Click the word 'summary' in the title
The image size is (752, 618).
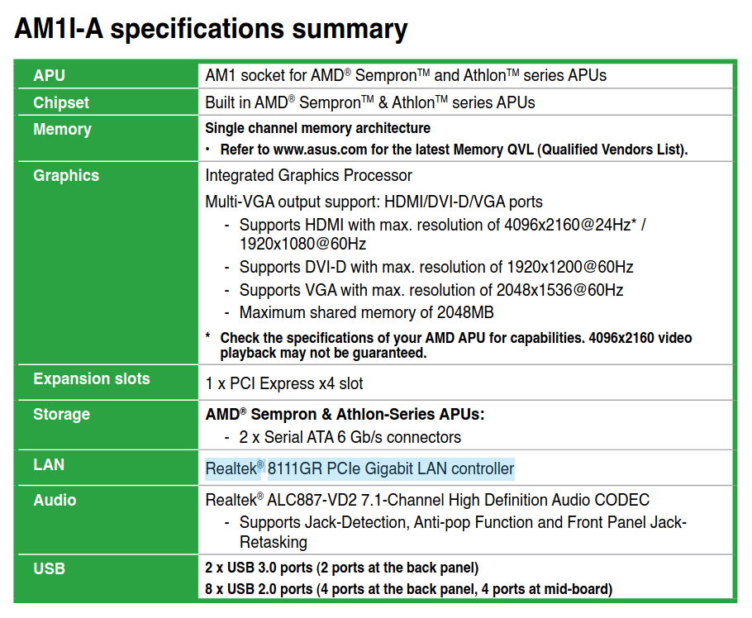[x=350, y=30]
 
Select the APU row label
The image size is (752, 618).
[x=49, y=75]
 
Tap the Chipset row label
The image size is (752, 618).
[x=61, y=102]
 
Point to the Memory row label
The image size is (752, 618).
[x=62, y=130]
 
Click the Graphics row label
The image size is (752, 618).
[x=66, y=176]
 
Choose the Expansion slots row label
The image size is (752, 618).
[x=92, y=378]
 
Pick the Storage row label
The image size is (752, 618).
[x=61, y=414]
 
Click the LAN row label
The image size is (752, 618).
[x=49, y=464]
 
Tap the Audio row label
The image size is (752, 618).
[x=55, y=500]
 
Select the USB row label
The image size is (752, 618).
[x=49, y=568]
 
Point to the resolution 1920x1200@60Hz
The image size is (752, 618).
[x=570, y=267]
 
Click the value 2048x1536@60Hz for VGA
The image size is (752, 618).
[x=559, y=290]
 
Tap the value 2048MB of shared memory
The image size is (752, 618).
[x=465, y=312]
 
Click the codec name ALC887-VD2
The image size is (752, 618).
[x=312, y=500]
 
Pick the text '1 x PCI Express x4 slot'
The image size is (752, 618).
[x=284, y=383]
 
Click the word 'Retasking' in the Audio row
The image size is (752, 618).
[x=274, y=542]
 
